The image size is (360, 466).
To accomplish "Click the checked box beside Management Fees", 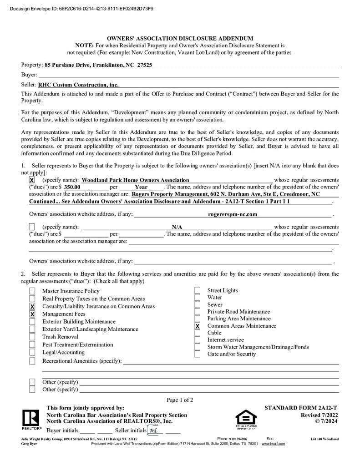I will (32, 314).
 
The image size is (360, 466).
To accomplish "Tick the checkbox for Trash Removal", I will (32, 337).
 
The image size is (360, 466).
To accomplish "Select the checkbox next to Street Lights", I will (198, 291).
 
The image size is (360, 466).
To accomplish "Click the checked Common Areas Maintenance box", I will (198, 326).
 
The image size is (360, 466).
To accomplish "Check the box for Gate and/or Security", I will (198, 354).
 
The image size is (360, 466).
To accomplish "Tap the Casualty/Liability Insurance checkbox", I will (32, 307).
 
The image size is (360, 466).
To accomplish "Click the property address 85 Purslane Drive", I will (98, 65).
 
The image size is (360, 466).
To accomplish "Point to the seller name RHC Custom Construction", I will (78, 85).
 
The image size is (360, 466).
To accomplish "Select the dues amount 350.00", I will (72, 187).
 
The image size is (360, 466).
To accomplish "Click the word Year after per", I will (141, 187).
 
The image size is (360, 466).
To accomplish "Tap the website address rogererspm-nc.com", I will (233, 214).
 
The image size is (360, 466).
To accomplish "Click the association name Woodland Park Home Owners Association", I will (135, 180).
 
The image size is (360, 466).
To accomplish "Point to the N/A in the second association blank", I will (177, 227).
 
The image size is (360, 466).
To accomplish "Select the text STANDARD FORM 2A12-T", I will (301, 408).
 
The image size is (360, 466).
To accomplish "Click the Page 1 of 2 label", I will (180, 400).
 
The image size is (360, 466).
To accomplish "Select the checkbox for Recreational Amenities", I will (32, 361).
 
